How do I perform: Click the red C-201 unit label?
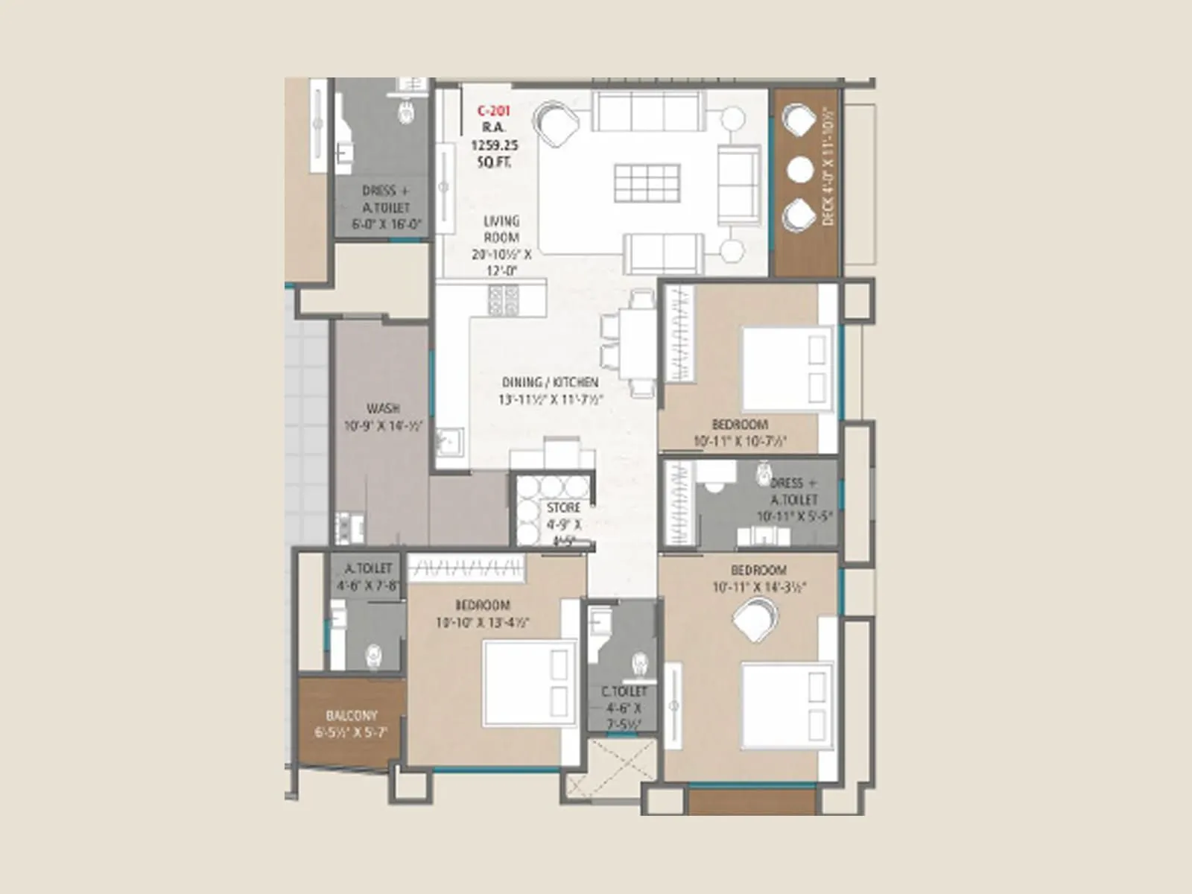(x=493, y=112)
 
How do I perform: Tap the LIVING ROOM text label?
(x=501, y=229)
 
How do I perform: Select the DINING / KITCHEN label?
(x=550, y=382)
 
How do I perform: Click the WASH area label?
(x=383, y=409)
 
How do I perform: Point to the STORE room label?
(x=563, y=507)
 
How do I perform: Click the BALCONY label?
(x=352, y=715)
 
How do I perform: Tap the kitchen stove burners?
(x=504, y=299)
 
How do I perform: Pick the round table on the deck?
(x=800, y=170)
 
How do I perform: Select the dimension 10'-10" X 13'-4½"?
(x=482, y=622)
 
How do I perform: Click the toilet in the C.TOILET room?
(x=639, y=663)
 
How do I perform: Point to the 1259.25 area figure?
(x=493, y=145)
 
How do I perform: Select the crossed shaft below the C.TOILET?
(x=611, y=767)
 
